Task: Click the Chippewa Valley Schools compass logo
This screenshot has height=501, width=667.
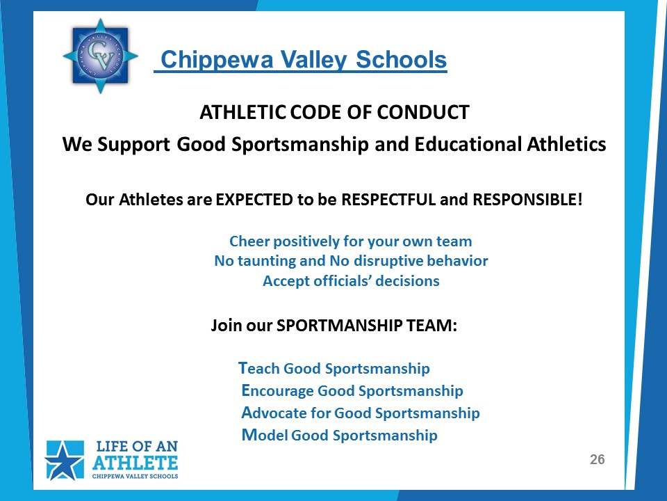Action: coord(100,56)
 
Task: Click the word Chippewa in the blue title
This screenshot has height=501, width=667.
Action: coord(217,60)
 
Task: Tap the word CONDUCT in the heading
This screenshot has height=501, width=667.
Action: coord(423,112)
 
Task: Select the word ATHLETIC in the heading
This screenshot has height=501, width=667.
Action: coord(243,112)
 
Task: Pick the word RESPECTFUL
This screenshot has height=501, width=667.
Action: coord(388,200)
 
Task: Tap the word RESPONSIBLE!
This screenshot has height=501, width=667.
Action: coord(527,200)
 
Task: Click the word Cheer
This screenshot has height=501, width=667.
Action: coord(249,241)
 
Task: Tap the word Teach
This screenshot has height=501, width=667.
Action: coord(258,368)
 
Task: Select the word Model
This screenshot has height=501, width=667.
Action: coord(265,435)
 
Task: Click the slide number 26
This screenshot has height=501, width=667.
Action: coord(598,459)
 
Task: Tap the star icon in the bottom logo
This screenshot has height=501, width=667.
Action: coord(64,461)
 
